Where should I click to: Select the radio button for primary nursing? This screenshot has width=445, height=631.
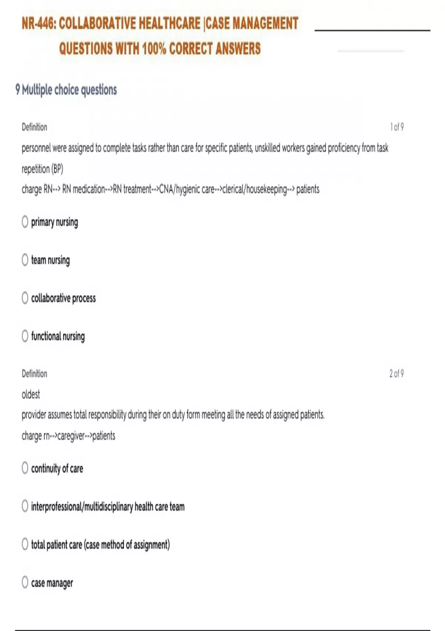point(25,222)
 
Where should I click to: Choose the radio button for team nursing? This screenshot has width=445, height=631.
point(25,259)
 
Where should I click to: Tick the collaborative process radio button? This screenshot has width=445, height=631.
point(25,298)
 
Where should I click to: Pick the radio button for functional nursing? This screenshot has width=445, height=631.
point(25,336)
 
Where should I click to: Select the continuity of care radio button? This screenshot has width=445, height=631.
point(25,468)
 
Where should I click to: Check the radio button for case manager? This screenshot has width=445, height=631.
point(25,582)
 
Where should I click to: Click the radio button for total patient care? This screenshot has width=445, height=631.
point(25,544)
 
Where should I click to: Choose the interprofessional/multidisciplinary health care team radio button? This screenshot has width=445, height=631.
point(25,506)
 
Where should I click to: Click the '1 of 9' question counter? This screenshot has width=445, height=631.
point(396,127)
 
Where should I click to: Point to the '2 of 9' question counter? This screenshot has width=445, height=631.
point(396,373)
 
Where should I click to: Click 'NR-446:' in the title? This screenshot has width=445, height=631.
point(39,23)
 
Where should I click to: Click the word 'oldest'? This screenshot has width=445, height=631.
point(31,394)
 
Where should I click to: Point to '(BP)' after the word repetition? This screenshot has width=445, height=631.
point(57,169)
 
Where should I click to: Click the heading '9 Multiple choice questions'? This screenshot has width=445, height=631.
point(66,90)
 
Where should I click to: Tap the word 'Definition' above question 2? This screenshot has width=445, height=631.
point(34,373)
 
